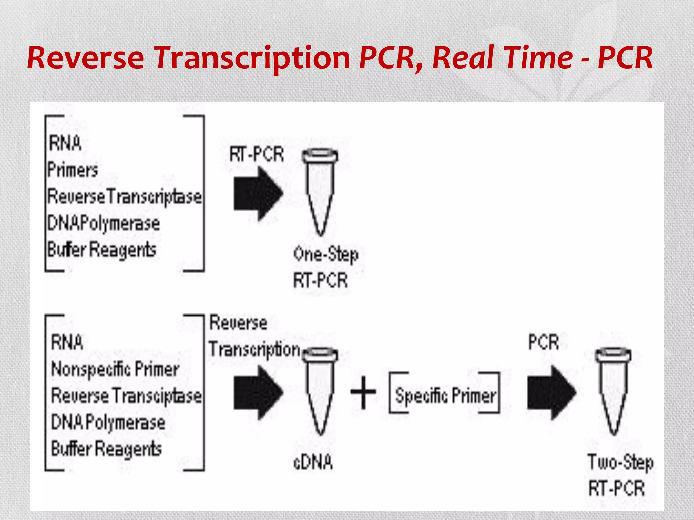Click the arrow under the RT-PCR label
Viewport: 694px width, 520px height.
[258, 193]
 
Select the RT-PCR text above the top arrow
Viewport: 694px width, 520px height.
[257, 154]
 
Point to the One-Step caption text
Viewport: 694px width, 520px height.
[325, 255]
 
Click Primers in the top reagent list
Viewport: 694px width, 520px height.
[73, 170]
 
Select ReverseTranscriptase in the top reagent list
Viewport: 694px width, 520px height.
[124, 197]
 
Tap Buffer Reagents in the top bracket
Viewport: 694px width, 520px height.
[102, 250]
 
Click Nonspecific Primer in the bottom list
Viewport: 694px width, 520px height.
[115, 369]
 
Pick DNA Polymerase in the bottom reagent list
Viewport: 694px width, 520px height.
[108, 422]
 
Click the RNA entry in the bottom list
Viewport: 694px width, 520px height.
[67, 342]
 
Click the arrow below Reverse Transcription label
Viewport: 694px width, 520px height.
[258, 392]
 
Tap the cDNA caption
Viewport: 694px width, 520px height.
[313, 462]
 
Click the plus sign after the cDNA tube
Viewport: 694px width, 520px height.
[363, 392]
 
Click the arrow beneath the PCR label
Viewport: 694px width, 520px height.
[551, 392]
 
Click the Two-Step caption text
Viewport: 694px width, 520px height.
[620, 463]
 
